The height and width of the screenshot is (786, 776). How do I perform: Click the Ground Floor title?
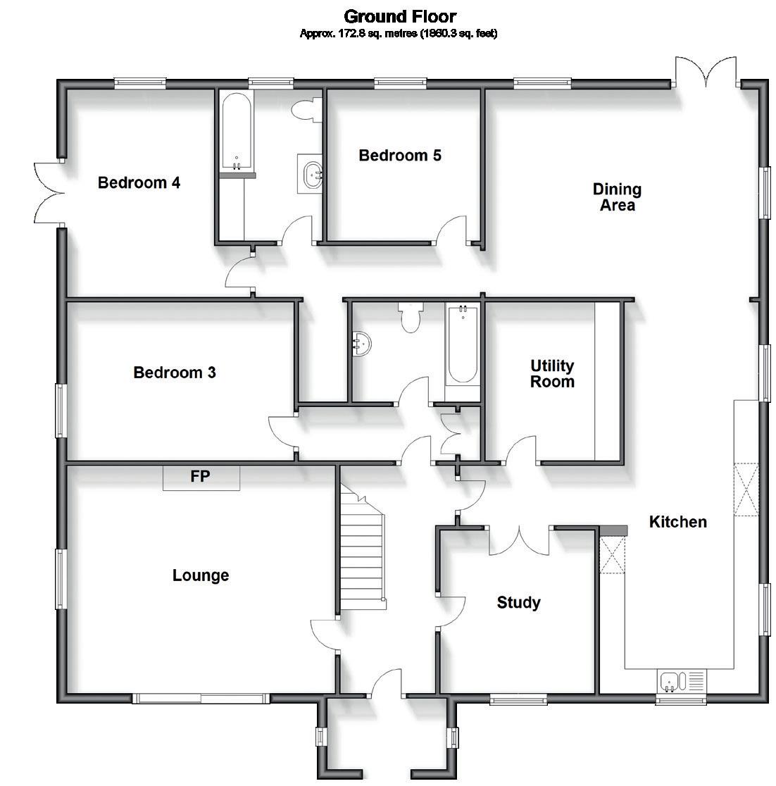click(399, 15)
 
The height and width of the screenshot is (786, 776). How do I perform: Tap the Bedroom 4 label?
click(139, 183)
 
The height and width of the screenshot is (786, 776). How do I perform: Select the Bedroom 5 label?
click(400, 156)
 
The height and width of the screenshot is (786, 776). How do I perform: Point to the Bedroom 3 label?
click(175, 373)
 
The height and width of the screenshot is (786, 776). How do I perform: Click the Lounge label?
click(201, 575)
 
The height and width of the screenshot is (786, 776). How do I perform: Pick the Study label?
click(518, 603)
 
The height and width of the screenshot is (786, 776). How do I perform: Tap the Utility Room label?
click(552, 374)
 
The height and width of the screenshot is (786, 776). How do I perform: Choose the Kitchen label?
click(677, 523)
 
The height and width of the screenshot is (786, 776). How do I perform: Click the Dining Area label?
click(617, 197)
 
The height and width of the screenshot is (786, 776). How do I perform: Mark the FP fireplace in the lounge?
click(201, 477)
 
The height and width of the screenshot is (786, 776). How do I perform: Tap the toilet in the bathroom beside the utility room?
click(408, 316)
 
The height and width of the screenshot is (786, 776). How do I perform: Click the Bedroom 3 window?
click(61, 411)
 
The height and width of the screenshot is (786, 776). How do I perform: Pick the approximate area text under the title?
click(399, 34)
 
